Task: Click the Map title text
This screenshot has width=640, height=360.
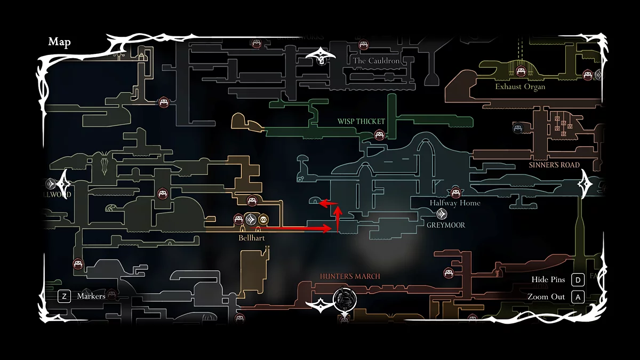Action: (x=59, y=42)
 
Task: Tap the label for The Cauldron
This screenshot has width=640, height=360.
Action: (x=376, y=61)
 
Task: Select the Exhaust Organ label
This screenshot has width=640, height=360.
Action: (x=520, y=86)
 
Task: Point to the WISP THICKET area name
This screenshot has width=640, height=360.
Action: (x=361, y=122)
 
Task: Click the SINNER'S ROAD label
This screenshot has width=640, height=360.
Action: (x=554, y=165)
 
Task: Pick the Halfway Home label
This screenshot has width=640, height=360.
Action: (x=455, y=203)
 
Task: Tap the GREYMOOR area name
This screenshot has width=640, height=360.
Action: (x=446, y=225)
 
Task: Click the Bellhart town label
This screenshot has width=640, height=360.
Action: (x=252, y=237)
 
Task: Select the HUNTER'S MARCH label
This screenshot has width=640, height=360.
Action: (x=350, y=276)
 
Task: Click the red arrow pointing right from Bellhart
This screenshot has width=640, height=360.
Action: (x=299, y=228)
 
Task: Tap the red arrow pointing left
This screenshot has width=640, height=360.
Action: (x=327, y=203)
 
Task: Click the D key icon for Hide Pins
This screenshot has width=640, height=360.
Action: (x=577, y=280)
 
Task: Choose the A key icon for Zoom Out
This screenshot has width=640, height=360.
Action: (x=577, y=297)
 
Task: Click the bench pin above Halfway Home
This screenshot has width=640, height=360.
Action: (x=455, y=193)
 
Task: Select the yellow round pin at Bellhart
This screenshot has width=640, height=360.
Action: (x=263, y=219)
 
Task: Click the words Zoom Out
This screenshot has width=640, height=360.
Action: (x=546, y=297)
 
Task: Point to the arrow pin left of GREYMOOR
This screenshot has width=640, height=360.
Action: (x=442, y=214)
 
